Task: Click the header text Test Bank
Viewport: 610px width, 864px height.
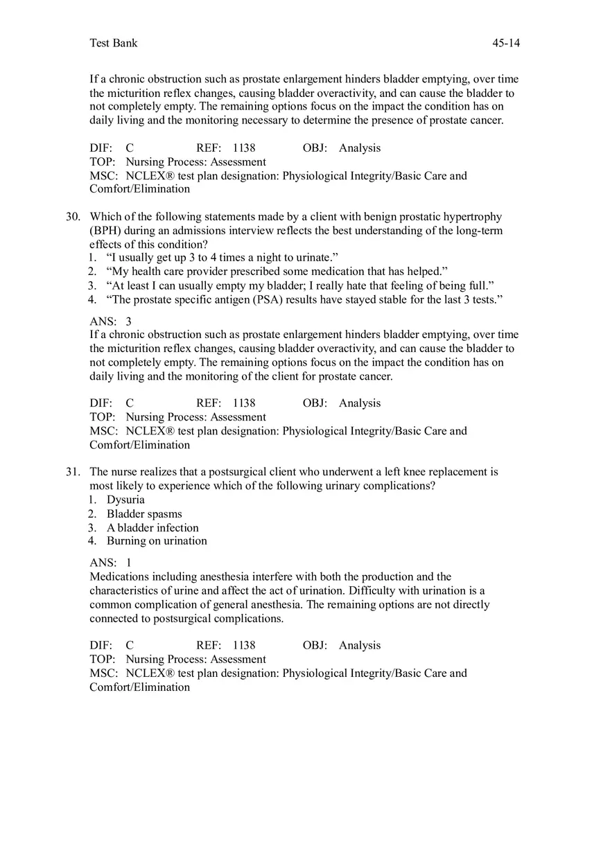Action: [x=114, y=43]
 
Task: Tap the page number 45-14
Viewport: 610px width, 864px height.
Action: [x=506, y=43]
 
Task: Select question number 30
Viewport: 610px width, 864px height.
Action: [x=73, y=217]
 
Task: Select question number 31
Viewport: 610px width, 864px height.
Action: [x=73, y=472]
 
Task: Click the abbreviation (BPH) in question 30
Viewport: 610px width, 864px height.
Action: [x=105, y=231]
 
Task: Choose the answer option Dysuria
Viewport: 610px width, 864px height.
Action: [x=125, y=500]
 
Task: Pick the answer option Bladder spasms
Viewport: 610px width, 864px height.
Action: [x=144, y=513]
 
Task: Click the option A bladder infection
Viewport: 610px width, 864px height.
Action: [x=152, y=527]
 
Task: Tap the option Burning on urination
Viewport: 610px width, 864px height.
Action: [x=157, y=540]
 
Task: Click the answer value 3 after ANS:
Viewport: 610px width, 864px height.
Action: [x=128, y=321]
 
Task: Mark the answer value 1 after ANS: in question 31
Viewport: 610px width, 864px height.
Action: [x=128, y=563]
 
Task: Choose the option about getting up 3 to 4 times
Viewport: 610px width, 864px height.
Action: [x=222, y=258]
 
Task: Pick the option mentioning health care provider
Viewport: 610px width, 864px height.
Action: [x=277, y=272]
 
